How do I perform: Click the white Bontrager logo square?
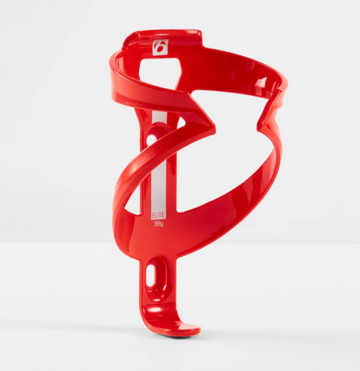(161, 47)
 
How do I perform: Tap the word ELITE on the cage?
(158, 216)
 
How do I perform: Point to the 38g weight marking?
(158, 224)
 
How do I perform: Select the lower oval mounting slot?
(152, 276)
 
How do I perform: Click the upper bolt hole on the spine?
(150, 140)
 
